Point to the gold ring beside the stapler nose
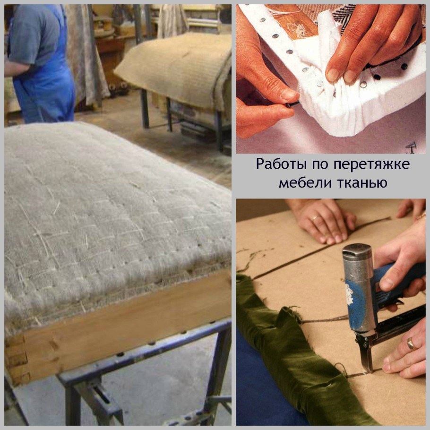(411, 344)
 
